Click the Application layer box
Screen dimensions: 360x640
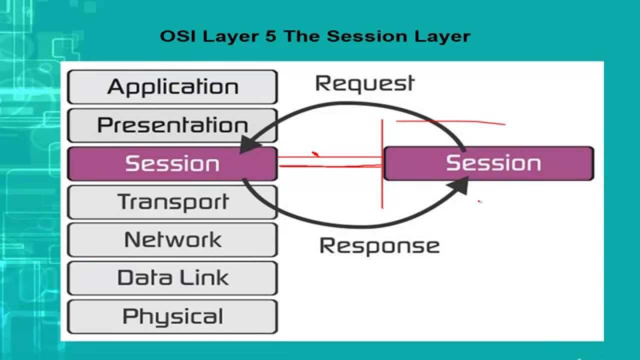point(172,87)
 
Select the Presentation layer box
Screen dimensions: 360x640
point(172,125)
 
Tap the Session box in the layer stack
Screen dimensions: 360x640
point(172,163)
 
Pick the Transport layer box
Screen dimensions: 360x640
point(172,202)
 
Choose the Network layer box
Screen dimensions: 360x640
point(172,240)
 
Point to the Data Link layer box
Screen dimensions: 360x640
point(172,278)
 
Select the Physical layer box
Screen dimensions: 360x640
point(172,316)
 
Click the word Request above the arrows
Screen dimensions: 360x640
point(364,84)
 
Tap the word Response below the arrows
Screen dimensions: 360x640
point(379,246)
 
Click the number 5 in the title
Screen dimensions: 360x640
point(270,36)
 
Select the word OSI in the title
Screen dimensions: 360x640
point(174,36)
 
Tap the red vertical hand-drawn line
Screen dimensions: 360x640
point(382,165)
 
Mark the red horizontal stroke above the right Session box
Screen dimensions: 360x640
point(450,121)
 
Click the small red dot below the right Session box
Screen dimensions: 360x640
point(479,201)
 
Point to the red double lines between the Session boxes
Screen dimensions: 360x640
point(330,161)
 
